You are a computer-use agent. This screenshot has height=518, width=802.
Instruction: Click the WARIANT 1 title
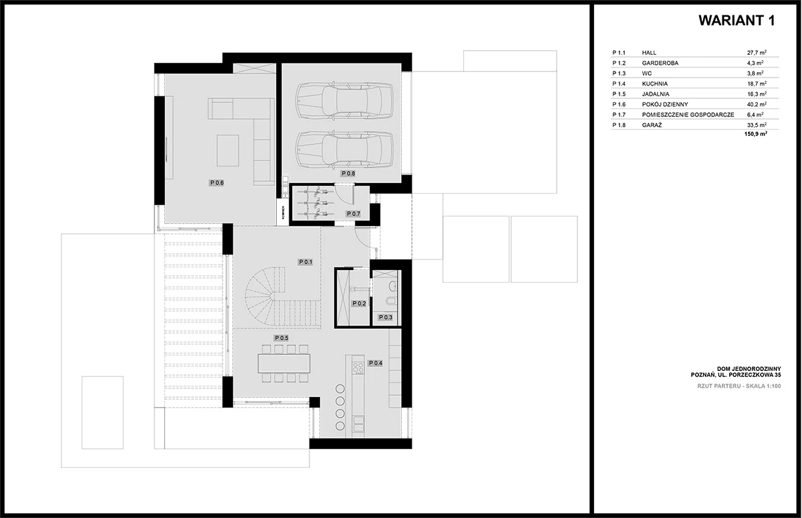point(737,21)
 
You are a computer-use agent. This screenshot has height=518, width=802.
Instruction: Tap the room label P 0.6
point(217,183)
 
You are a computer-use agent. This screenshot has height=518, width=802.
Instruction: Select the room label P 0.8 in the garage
point(348,174)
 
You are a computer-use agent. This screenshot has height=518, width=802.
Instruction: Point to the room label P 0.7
point(353,214)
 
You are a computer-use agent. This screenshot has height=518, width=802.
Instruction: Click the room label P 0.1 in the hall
point(305,262)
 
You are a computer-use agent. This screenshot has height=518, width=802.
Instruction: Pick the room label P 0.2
point(359,303)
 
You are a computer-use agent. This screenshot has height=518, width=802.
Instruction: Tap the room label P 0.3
point(385,317)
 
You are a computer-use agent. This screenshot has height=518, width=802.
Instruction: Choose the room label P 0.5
point(281,338)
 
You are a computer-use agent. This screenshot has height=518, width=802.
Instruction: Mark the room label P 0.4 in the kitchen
point(375,363)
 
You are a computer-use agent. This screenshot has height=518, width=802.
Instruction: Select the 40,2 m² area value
point(757,104)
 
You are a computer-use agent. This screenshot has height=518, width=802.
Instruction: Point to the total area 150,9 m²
point(756,134)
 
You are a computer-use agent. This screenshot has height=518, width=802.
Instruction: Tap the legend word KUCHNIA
point(655,84)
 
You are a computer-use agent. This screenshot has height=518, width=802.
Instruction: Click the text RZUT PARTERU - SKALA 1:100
point(739,386)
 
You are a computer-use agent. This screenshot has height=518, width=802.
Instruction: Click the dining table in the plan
point(284,364)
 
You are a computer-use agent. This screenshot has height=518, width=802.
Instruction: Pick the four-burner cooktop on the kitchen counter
point(358,368)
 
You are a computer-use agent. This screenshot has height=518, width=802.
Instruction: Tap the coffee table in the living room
point(228,150)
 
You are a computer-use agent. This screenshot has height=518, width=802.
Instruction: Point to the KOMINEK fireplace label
point(283,213)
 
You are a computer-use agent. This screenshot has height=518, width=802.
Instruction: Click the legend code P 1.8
point(619,125)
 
